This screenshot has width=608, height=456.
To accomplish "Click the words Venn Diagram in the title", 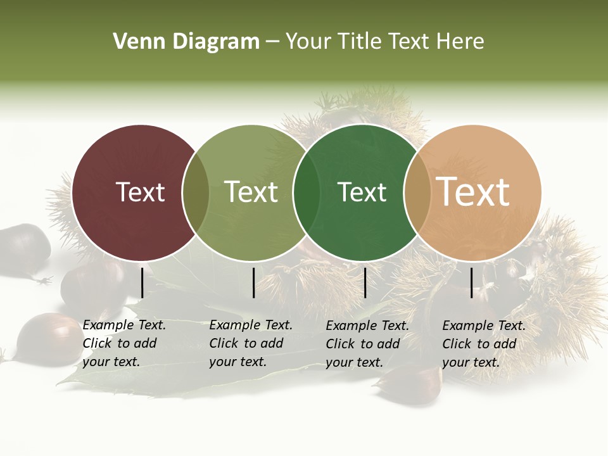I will (186, 42).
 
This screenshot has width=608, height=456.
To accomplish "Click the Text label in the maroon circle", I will (140, 192).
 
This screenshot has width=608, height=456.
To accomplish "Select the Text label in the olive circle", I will (251, 192).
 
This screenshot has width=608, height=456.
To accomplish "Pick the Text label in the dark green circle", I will (362, 192).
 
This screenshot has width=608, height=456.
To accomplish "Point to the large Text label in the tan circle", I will (473, 192).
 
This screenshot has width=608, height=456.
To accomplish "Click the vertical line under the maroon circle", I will (142, 282).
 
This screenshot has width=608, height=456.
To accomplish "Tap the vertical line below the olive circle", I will (253, 282).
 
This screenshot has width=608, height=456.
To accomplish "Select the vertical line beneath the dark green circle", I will (365, 282).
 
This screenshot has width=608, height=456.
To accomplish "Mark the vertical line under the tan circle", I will (472, 282).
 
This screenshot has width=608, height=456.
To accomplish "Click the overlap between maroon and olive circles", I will (196, 193).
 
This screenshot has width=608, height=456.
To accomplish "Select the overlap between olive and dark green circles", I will (307, 193).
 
